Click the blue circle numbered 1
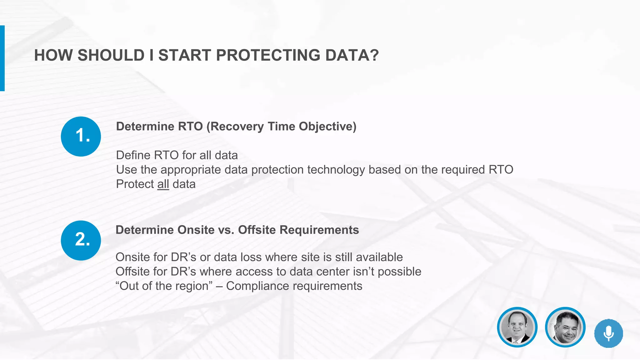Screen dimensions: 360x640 (x=81, y=137)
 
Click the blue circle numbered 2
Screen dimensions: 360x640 (x=81, y=240)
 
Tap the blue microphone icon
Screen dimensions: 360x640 (x=608, y=333)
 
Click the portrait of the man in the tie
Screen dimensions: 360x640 (x=517, y=327)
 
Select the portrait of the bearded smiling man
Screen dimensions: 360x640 (x=565, y=327)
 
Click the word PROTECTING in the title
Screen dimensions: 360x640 (x=268, y=55)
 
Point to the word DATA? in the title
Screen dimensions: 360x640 (x=352, y=55)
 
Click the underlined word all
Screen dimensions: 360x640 (x=163, y=184)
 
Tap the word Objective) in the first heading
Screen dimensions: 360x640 (x=327, y=127)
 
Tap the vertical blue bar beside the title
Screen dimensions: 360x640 (x=2, y=58)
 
